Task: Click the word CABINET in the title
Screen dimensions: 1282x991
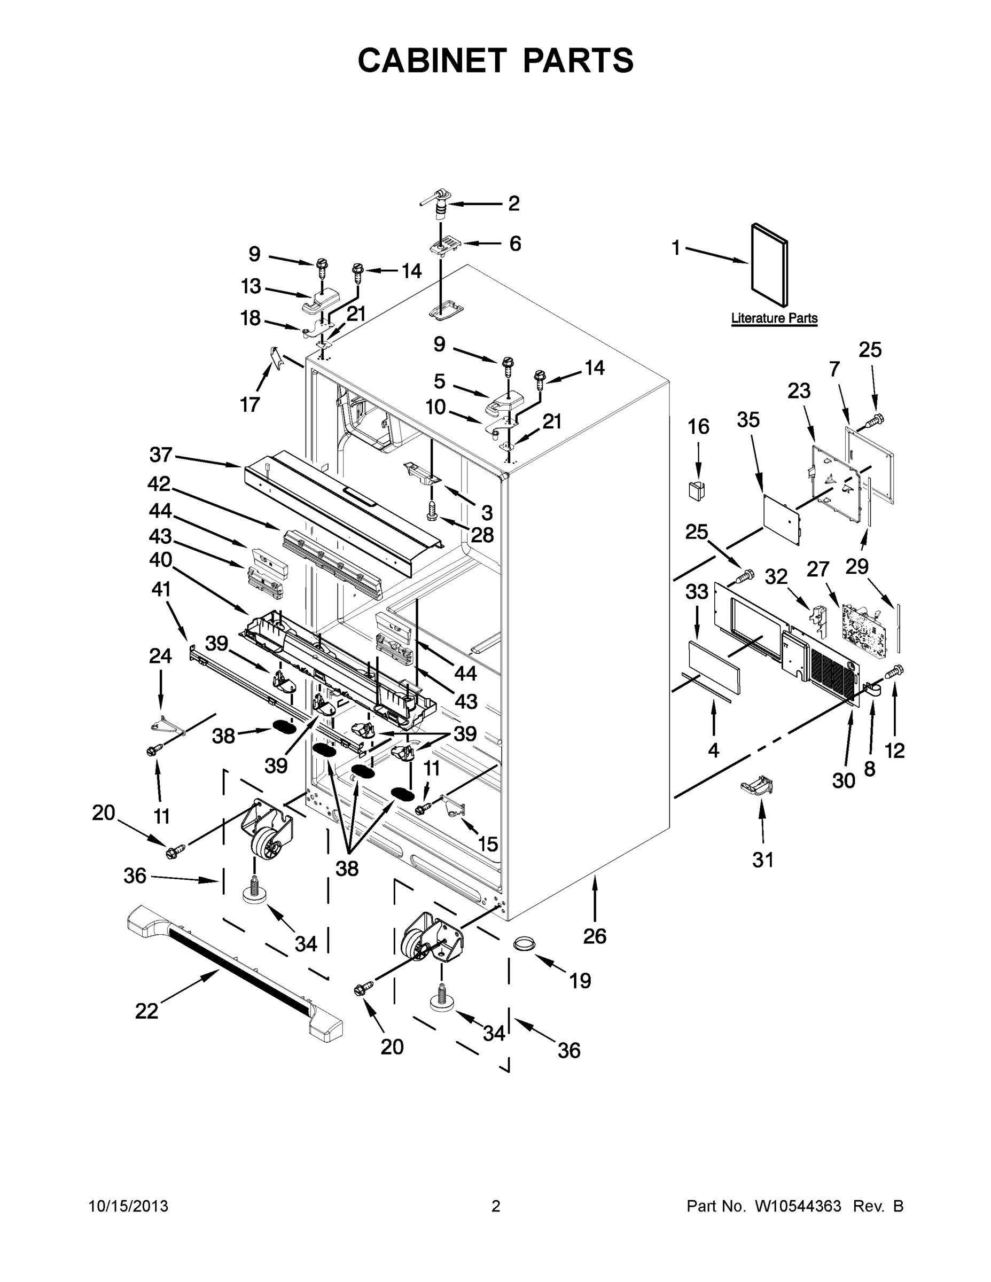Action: pyautogui.click(x=432, y=60)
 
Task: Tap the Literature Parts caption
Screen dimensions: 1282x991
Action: pyautogui.click(x=774, y=318)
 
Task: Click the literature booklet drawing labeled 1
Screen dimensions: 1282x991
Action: pyautogui.click(x=770, y=265)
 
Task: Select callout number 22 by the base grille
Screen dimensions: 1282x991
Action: pyautogui.click(x=146, y=1011)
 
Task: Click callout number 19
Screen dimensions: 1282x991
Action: pyautogui.click(x=580, y=980)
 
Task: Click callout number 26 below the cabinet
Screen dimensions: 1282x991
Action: pyautogui.click(x=594, y=936)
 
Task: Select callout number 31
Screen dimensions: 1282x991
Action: pyautogui.click(x=763, y=860)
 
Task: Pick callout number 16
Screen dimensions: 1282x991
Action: pyautogui.click(x=698, y=427)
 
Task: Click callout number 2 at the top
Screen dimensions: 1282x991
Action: pyautogui.click(x=514, y=204)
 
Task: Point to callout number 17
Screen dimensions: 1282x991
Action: pyautogui.click(x=249, y=404)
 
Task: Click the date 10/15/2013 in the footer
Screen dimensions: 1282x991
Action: pyautogui.click(x=129, y=1206)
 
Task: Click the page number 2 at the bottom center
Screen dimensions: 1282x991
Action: pyautogui.click(x=496, y=1206)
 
